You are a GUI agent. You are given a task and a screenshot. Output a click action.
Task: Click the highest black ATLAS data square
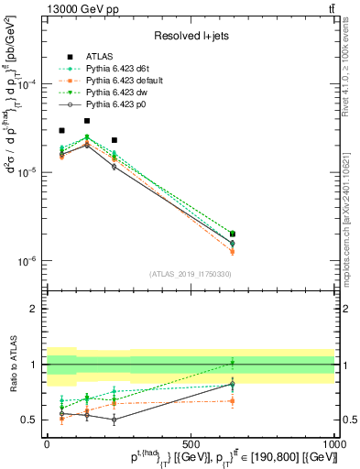click(x=87, y=121)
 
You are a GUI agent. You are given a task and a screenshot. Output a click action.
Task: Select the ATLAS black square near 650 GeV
click(x=232, y=234)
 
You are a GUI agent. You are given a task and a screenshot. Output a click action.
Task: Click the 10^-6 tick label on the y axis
click(x=26, y=261)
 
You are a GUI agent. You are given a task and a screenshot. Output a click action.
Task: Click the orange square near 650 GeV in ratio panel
click(x=232, y=400)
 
